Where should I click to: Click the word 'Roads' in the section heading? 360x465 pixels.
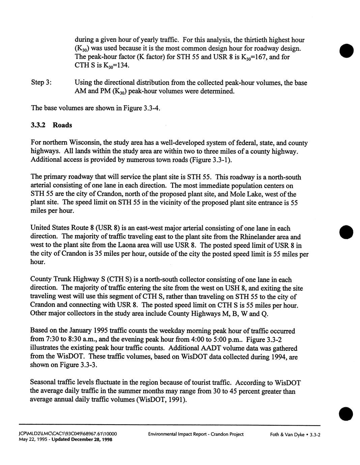[x=62, y=125]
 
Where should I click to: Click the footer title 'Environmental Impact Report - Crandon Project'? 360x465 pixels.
[x=196, y=434]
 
